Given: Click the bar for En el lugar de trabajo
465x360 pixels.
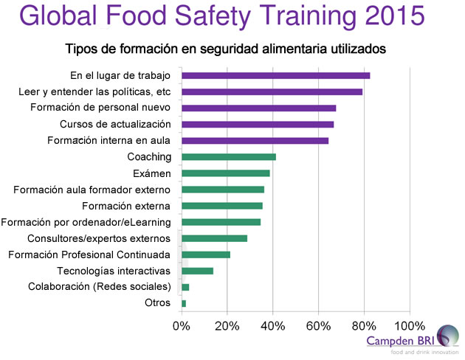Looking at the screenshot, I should pyautogui.click(x=275, y=75).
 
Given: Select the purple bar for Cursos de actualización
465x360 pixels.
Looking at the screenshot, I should pyautogui.click(x=258, y=124).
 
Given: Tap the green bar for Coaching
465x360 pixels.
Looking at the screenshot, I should pyautogui.click(x=229, y=156).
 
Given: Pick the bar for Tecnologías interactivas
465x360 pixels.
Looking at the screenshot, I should pyautogui.click(x=197, y=271).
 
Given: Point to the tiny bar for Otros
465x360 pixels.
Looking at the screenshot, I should pyautogui.click(x=184, y=303).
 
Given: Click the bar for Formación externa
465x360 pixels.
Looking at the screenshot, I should pyautogui.click(x=221, y=206).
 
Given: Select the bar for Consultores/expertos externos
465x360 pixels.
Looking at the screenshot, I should pyautogui.click(x=214, y=238).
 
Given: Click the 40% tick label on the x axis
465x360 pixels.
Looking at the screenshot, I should pyautogui.click(x=273, y=325).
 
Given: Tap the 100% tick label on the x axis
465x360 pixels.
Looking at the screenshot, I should pyautogui.click(x=410, y=325).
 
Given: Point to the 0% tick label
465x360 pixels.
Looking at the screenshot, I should pyautogui.click(x=182, y=325).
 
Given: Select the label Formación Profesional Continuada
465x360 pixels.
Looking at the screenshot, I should pyautogui.click(x=89, y=255).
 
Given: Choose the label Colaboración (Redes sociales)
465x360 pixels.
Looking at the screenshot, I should pyautogui.click(x=100, y=287).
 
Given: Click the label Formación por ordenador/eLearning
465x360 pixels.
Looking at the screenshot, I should pyautogui.click(x=86, y=222).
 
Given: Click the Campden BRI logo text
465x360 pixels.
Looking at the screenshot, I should pyautogui.click(x=400, y=341).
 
